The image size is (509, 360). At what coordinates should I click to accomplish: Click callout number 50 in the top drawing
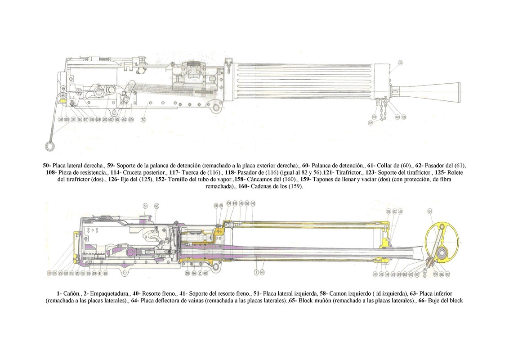(x=144, y=120)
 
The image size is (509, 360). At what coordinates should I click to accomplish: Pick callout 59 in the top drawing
(x=131, y=120)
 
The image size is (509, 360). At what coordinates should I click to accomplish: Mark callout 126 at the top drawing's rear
(x=73, y=120)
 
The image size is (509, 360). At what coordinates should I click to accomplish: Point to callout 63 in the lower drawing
(x=106, y=273)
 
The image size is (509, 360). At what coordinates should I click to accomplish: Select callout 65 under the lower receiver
(x=187, y=273)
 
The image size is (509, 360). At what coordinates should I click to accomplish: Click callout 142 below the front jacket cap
(x=375, y=274)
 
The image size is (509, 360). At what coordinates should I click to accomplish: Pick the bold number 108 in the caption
(x=50, y=173)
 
